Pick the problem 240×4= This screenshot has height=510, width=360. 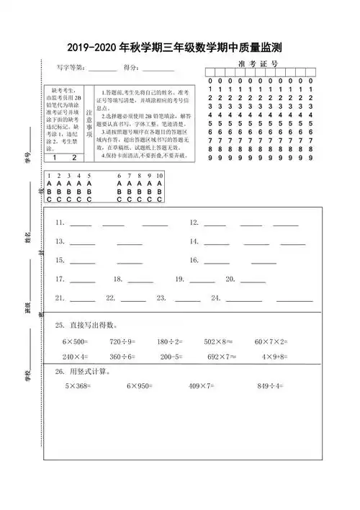tap(75, 357)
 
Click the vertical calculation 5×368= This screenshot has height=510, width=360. tap(81, 387)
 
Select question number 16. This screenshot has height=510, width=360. tap(194, 260)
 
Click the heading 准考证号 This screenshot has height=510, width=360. tap(257, 64)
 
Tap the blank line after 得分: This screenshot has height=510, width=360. tap(158, 71)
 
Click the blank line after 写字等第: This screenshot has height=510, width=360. tap(102, 71)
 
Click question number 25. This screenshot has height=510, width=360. tap(60, 326)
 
